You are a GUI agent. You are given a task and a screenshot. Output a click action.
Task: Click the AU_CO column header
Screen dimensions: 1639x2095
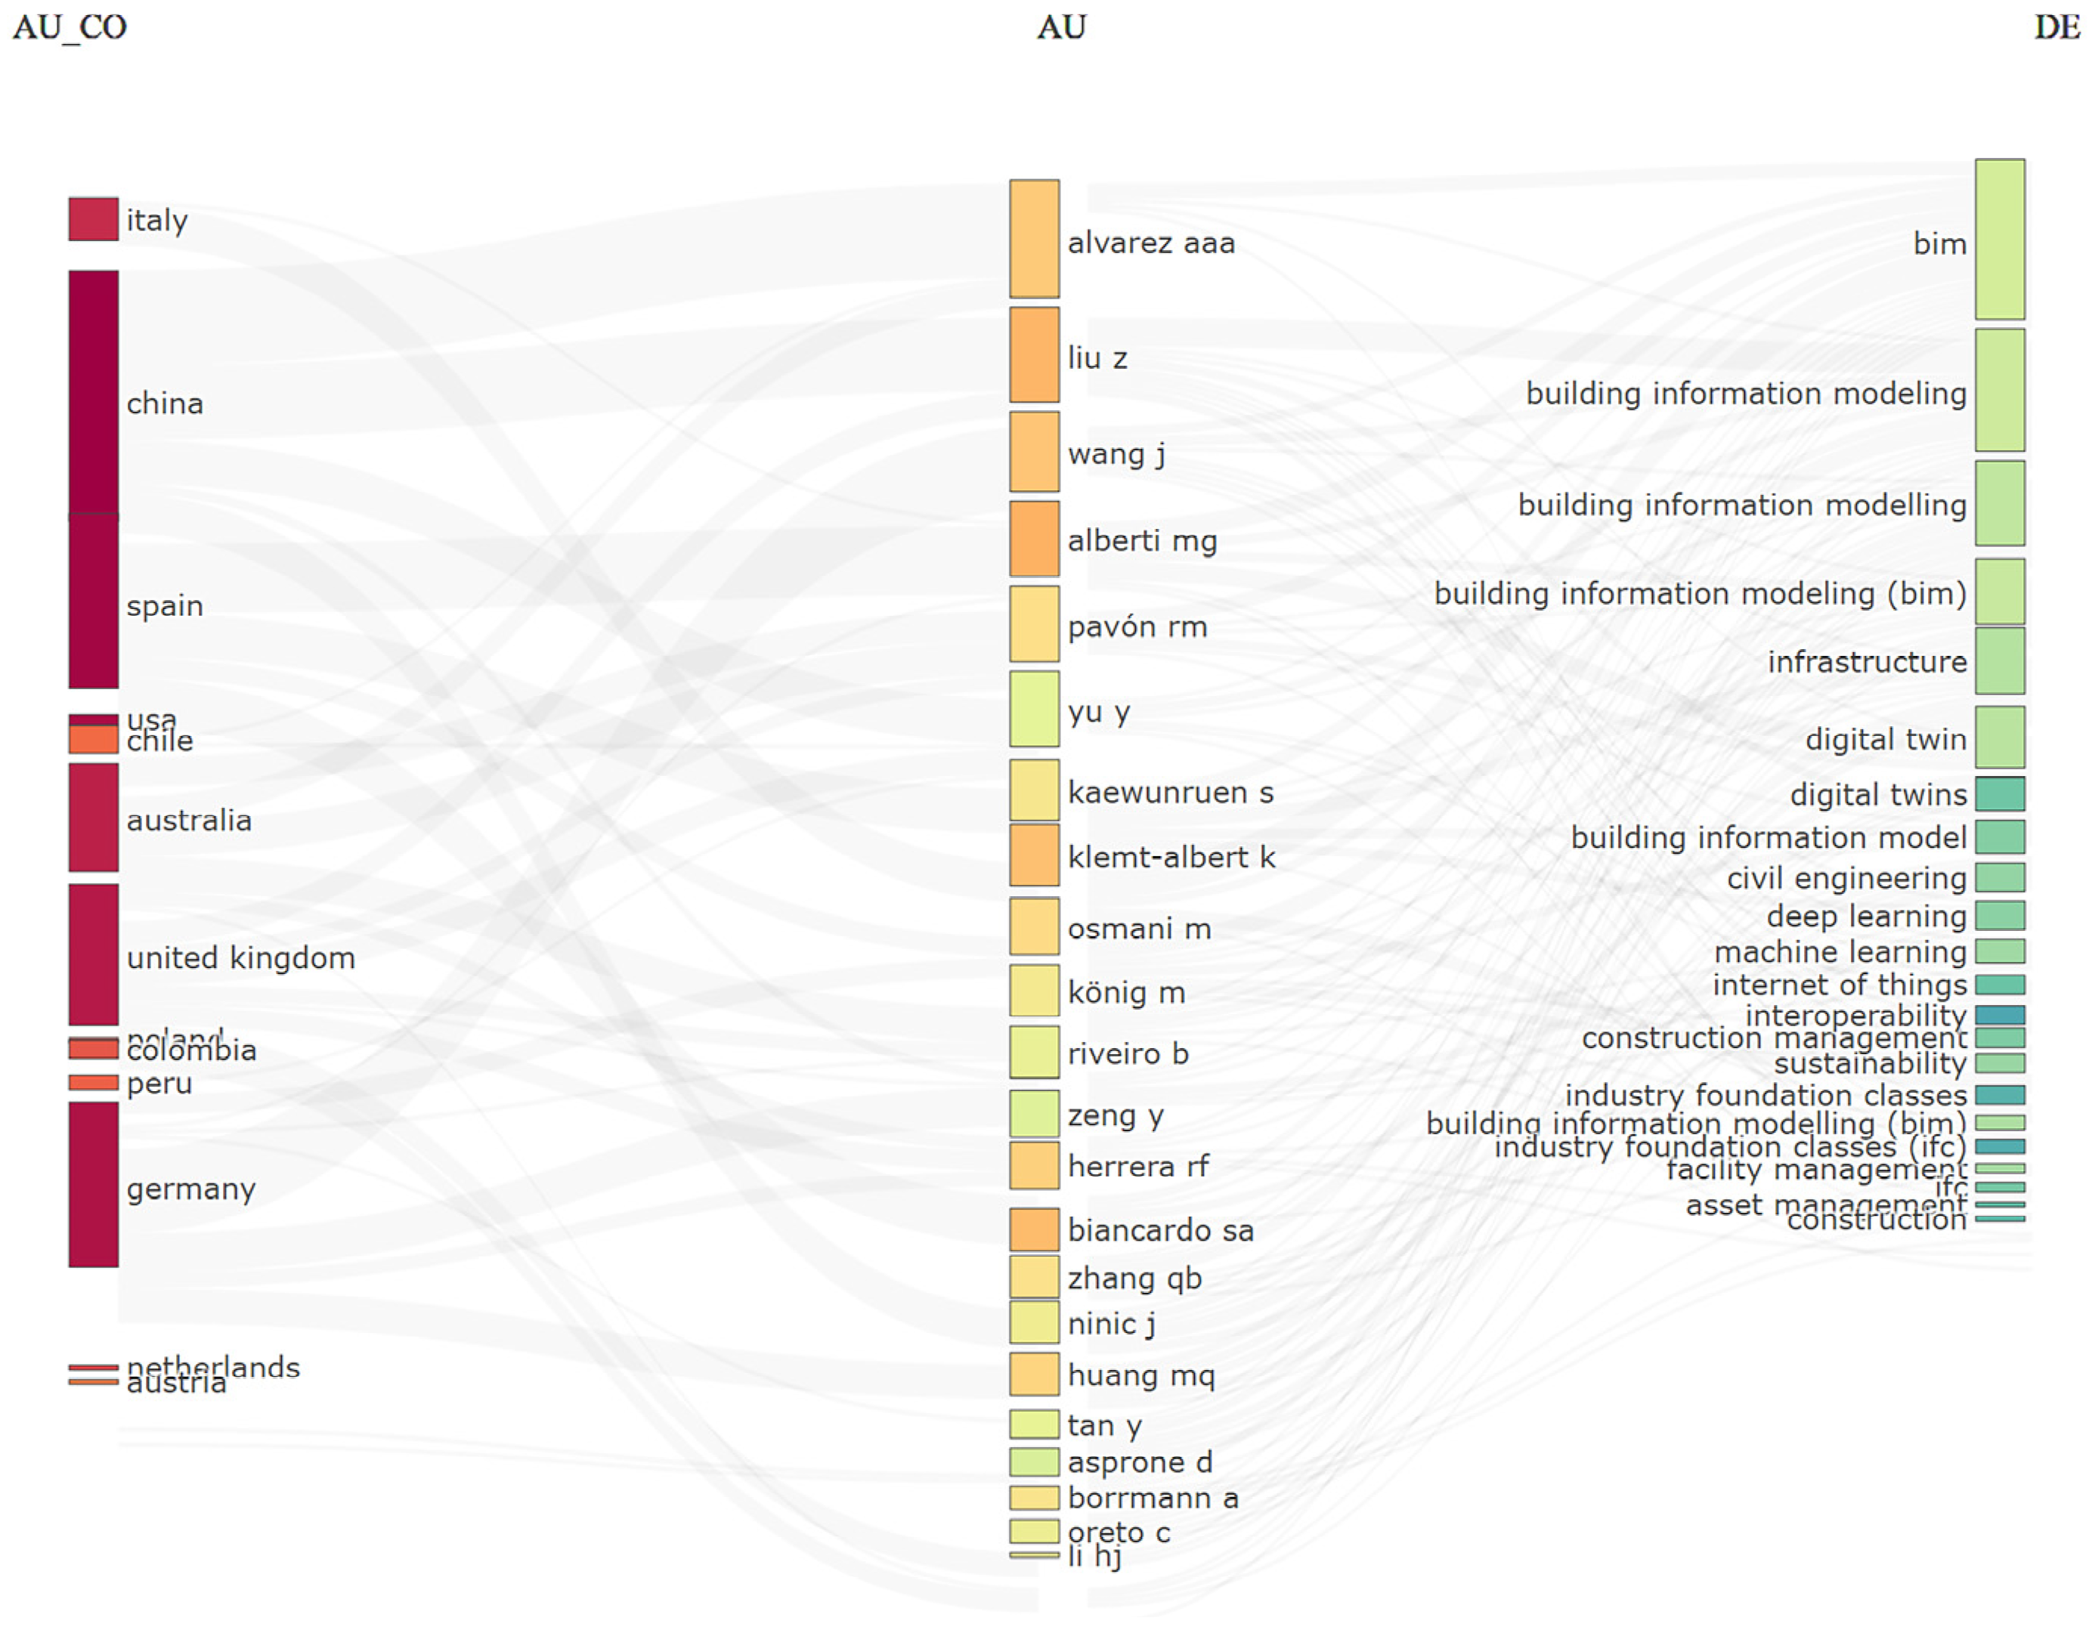(69, 27)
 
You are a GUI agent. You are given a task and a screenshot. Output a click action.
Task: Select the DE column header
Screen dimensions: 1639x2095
(2056, 27)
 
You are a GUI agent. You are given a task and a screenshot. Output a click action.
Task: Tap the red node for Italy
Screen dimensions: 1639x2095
(93, 219)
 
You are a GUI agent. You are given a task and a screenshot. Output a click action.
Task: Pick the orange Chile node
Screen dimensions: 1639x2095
(93, 740)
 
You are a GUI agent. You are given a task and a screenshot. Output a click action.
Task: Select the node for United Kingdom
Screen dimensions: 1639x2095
(93, 955)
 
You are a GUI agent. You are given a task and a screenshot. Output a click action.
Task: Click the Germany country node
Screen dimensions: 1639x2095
(93, 1184)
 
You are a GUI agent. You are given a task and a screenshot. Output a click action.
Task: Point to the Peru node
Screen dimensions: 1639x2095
(93, 1082)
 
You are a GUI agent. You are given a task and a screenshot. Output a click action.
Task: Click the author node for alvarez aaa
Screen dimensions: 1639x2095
(1034, 239)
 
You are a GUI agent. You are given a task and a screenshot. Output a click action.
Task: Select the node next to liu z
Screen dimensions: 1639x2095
(1034, 355)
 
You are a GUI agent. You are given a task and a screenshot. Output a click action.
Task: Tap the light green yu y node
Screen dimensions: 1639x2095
(1034, 709)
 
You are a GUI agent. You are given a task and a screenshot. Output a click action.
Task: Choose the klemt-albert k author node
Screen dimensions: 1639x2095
(1034, 855)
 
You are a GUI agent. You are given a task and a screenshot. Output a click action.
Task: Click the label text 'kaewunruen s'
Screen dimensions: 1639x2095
(1170, 793)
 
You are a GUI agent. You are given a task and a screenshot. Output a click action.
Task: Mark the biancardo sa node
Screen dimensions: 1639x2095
(1034, 1229)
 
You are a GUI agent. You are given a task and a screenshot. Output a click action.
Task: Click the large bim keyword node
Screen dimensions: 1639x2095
(1999, 239)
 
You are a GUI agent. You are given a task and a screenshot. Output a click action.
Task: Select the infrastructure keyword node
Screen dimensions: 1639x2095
(1999, 661)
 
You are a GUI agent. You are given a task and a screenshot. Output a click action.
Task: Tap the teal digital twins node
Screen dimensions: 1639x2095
(1999, 793)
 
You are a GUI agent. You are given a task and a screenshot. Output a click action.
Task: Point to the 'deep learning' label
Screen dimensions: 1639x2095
(1866, 917)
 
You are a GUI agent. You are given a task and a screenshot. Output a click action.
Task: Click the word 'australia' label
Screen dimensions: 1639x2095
(189, 821)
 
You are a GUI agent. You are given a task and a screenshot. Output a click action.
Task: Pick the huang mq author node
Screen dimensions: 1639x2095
(1034, 1375)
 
